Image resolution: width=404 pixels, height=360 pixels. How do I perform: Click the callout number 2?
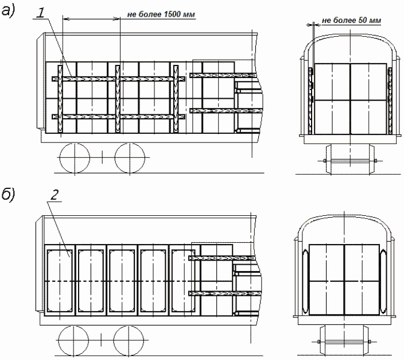click(55, 195)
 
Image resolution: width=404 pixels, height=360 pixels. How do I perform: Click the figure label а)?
click(8, 11)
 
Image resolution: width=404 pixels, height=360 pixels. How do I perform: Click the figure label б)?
click(8, 195)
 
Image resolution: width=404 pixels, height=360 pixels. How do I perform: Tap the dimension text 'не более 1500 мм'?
click(161, 14)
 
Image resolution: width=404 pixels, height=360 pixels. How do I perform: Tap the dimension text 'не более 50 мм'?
click(351, 20)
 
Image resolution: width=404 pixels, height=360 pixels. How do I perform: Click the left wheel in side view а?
click(75, 158)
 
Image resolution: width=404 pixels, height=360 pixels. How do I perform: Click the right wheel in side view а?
click(130, 158)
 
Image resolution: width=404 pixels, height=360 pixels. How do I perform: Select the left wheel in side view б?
click(73, 340)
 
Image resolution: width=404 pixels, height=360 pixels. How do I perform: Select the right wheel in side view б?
click(129, 340)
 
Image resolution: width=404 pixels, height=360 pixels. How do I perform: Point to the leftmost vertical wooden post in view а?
click(60, 99)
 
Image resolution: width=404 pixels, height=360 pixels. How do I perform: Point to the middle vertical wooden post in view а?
click(118, 99)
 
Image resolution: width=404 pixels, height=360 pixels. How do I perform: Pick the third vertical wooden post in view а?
click(176, 99)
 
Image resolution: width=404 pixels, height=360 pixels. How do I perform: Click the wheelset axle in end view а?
click(350, 161)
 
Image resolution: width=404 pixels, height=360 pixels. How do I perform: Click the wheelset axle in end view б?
click(344, 342)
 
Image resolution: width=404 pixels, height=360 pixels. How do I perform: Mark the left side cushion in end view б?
click(305, 281)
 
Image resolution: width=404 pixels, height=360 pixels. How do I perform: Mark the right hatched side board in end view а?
click(390, 101)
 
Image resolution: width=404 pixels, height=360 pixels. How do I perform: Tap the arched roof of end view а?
click(350, 36)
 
